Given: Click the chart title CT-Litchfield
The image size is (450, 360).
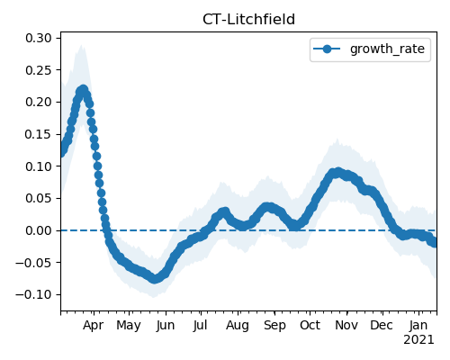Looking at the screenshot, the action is pyautogui.click(x=248, y=20).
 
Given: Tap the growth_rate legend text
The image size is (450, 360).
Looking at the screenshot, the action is pyautogui.click(x=387, y=49).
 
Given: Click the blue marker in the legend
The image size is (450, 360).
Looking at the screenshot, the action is pyautogui.click(x=327, y=49).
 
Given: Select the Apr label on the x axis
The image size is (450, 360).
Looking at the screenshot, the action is pyautogui.click(x=93, y=325).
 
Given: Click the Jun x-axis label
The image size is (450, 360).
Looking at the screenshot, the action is pyautogui.click(x=166, y=325).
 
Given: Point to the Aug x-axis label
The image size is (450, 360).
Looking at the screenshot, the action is pyautogui.click(x=238, y=325).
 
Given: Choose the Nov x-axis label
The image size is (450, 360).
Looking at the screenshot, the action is pyautogui.click(x=346, y=325).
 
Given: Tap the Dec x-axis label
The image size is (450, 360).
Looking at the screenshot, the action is pyautogui.click(x=382, y=325).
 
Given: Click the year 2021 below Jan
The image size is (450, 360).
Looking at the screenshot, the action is pyautogui.click(x=418, y=340).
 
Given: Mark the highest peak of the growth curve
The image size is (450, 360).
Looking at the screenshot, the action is pyautogui.click(x=83, y=90).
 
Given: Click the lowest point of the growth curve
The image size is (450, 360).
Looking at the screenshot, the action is pyautogui.click(x=154, y=279).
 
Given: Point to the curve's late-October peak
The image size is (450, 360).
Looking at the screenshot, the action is pyautogui.click(x=338, y=172).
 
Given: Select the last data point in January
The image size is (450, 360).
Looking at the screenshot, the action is pyautogui.click(x=435, y=242).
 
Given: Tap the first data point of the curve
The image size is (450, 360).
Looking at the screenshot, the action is pyautogui.click(x=62, y=152).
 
